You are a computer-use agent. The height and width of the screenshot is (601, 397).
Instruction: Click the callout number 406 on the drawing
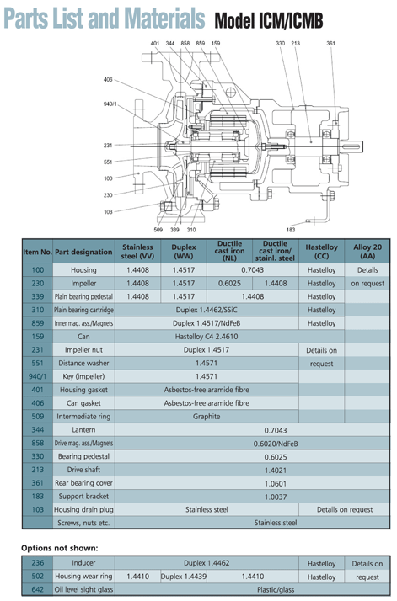click(108, 80)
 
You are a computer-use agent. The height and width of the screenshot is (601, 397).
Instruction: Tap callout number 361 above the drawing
click(330, 43)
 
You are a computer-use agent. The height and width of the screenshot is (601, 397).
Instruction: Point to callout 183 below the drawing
click(291, 229)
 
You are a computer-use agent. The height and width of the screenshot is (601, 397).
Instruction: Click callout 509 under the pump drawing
click(158, 229)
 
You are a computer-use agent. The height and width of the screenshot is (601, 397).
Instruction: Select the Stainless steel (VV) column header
click(137, 251)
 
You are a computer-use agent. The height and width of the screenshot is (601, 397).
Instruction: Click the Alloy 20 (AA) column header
click(367, 251)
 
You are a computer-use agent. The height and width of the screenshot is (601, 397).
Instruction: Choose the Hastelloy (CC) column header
click(321, 251)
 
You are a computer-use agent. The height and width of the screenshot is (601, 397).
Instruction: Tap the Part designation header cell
click(83, 252)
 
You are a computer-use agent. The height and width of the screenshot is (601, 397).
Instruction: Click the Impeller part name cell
click(83, 284)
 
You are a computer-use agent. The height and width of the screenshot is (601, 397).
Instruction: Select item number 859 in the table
click(37, 323)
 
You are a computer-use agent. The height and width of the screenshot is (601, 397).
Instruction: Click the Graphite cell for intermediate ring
click(207, 416)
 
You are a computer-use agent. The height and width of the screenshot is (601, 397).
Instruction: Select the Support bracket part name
click(83, 496)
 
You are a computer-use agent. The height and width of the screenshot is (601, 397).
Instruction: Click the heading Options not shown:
click(59, 548)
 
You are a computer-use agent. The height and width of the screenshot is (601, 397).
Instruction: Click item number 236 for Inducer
click(37, 563)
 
